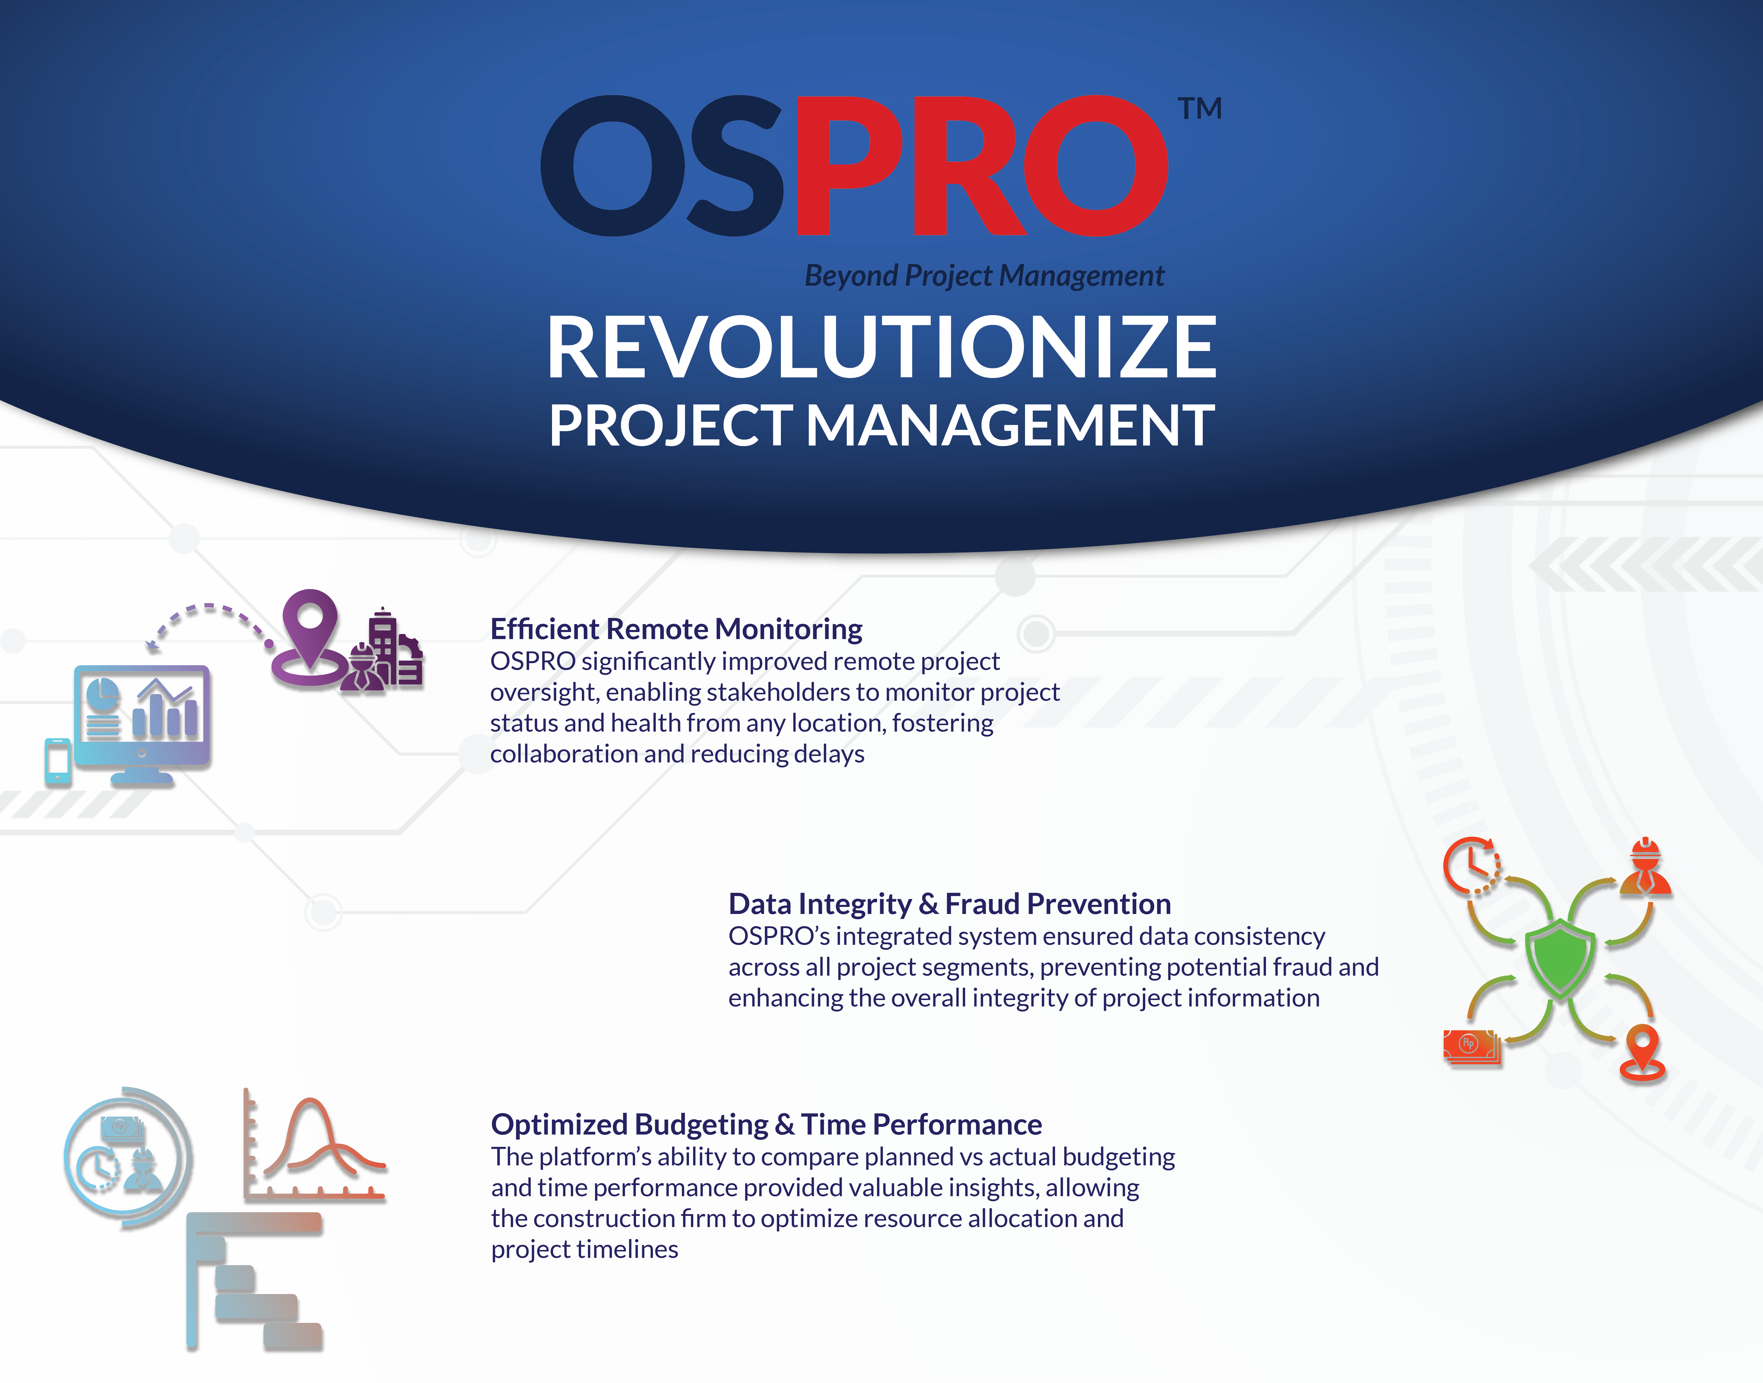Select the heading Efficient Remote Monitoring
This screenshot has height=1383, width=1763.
click(676, 629)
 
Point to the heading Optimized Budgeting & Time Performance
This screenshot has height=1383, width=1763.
click(766, 1125)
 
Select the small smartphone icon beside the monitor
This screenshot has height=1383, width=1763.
click(58, 761)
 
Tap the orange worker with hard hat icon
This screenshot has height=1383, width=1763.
click(1645, 866)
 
